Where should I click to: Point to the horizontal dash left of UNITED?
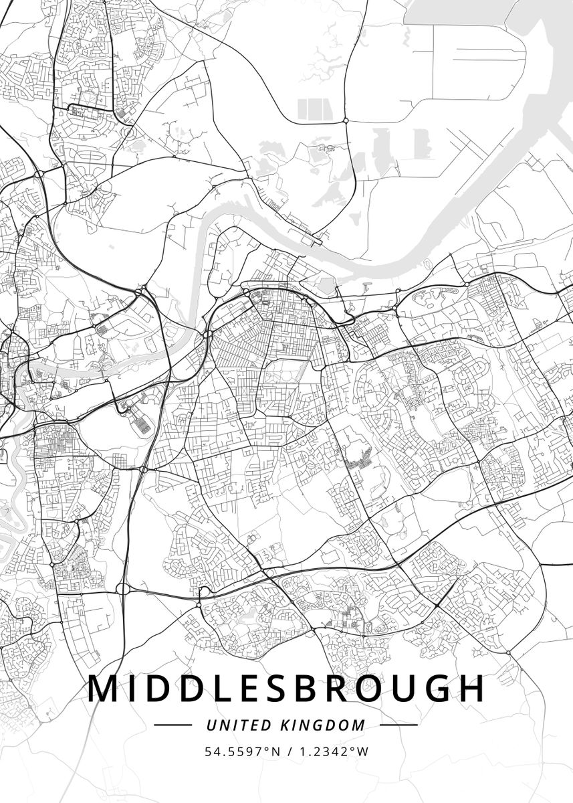pos(173,725)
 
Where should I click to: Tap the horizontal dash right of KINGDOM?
pos(398,725)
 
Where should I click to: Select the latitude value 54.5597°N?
pos(243,751)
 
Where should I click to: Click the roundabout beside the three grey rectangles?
pos(345,120)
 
